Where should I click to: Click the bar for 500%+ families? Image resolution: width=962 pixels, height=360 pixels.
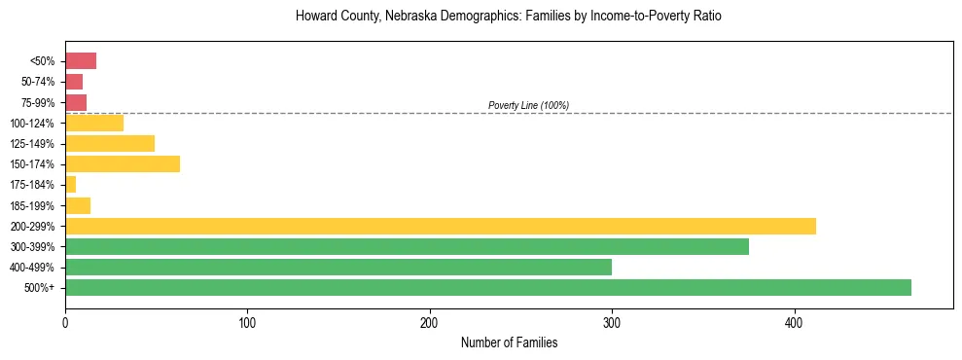point(487,287)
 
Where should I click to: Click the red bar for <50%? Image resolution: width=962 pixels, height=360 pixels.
point(80,61)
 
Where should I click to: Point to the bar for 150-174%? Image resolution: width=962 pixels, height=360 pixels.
point(122,163)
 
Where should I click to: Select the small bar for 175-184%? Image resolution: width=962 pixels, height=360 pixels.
point(70,185)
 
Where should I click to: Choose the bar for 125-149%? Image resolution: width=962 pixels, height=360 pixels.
point(109,143)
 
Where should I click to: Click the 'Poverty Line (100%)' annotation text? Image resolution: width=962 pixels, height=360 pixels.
point(528,105)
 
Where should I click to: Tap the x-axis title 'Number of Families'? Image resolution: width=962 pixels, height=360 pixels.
point(509,342)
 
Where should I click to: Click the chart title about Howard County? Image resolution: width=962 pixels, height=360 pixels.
point(509,17)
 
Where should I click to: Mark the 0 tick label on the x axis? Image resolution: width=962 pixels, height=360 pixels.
point(65,321)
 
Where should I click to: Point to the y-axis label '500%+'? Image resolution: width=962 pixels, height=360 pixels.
point(39,288)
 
